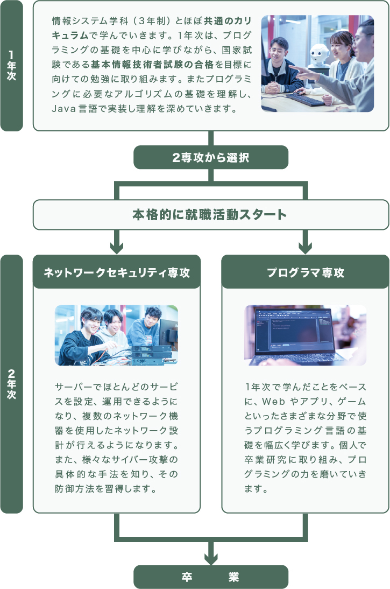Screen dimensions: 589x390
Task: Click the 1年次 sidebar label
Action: point(11,66)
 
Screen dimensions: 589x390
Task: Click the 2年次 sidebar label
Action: point(11,384)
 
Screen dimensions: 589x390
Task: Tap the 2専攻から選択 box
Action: point(211,158)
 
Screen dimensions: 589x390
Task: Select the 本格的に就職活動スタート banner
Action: point(211,215)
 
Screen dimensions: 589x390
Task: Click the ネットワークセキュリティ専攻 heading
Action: point(117,272)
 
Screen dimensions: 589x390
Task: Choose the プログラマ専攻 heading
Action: point(305,272)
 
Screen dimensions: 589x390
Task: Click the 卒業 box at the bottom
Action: point(211,577)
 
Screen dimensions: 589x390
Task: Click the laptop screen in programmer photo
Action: point(296,331)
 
